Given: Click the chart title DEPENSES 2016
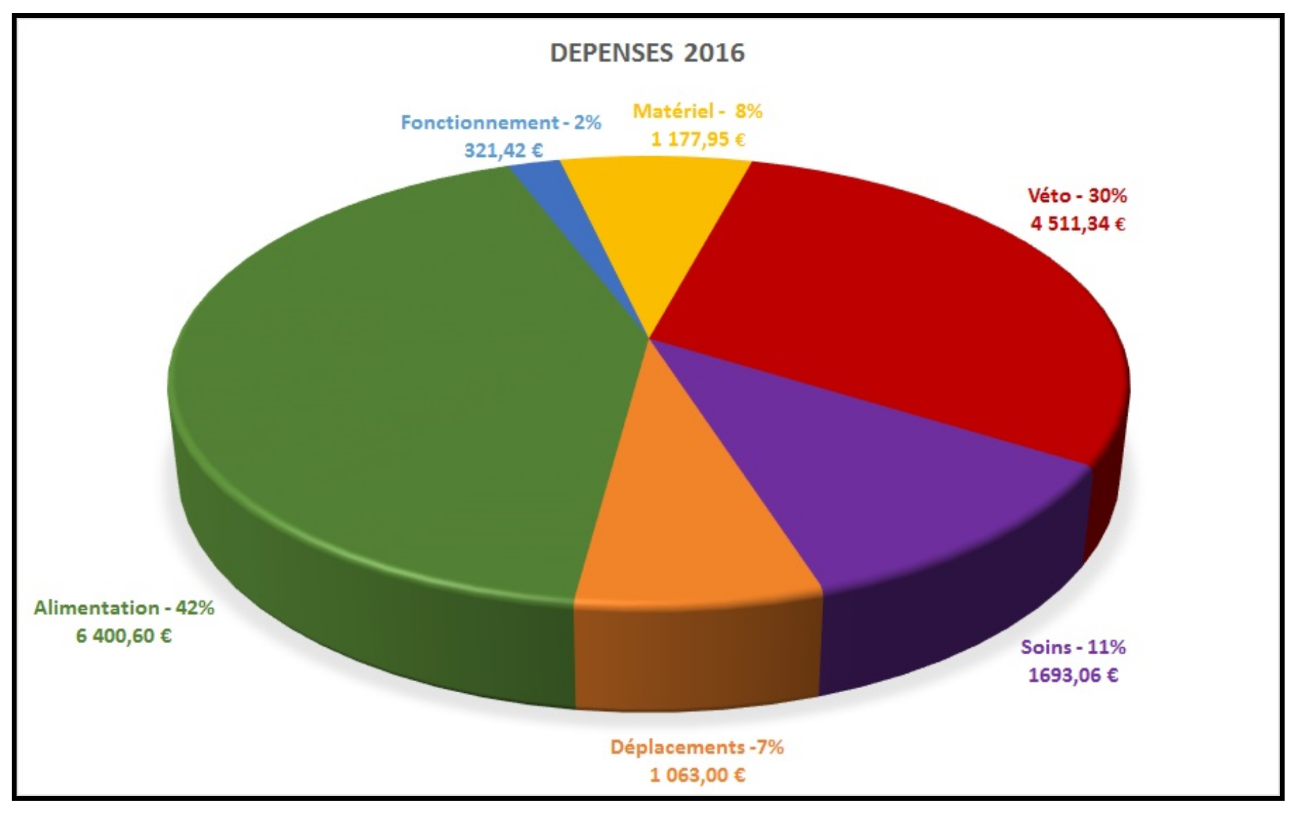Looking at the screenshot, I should tap(647, 53).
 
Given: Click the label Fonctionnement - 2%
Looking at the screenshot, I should tap(501, 123).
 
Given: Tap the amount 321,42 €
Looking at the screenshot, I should tap(503, 150).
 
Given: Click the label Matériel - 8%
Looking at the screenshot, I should tap(697, 111).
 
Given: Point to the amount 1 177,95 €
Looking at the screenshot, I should tap(697, 140).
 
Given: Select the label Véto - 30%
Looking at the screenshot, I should tap(1077, 196).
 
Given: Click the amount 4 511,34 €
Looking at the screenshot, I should tap(1077, 224).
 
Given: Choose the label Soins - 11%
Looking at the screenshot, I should tap(1073, 647).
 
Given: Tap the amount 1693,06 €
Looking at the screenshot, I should tap(1073, 675).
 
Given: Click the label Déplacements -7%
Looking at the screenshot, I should tap(697, 748).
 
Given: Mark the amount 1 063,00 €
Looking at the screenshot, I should tap(697, 775).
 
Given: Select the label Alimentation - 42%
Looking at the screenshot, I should tap(124, 608).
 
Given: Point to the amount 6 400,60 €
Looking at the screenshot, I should tap(124, 636).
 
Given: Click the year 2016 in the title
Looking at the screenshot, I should tap(714, 53).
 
